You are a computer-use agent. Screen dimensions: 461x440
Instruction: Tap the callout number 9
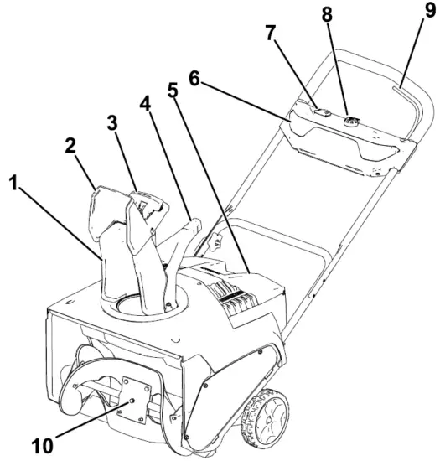click(x=406, y=14)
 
